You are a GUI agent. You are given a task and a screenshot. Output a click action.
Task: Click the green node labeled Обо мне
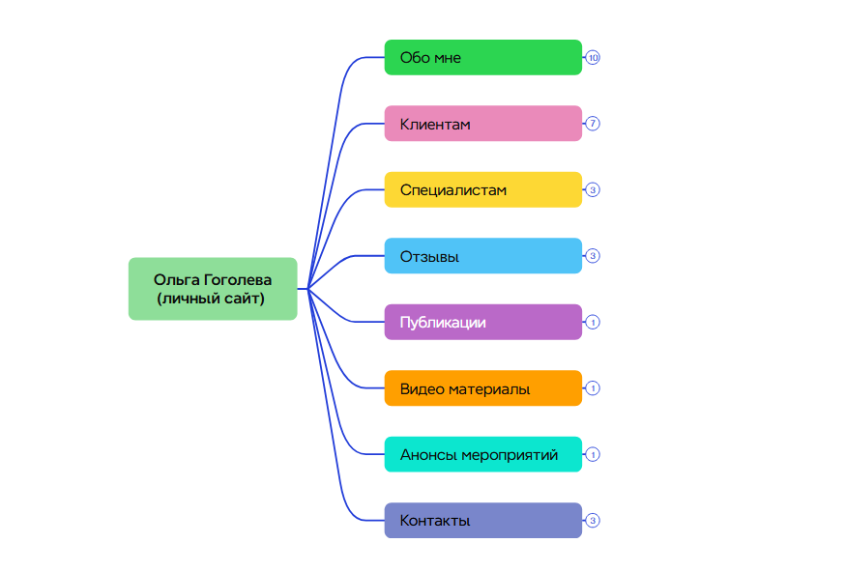coord(482,58)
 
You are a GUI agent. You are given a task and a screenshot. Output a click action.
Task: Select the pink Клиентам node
coord(482,124)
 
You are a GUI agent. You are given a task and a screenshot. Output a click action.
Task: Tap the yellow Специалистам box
coord(482,190)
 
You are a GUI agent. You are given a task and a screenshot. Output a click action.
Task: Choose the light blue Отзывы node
coord(482,256)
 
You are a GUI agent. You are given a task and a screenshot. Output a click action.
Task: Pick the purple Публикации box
coord(482,322)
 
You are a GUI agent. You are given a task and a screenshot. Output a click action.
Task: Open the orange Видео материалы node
coord(482,388)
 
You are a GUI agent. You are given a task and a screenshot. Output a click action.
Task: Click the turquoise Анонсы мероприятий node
coord(482,454)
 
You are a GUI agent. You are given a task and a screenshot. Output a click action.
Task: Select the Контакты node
coord(482,520)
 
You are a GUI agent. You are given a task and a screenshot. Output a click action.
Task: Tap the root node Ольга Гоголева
coord(213,289)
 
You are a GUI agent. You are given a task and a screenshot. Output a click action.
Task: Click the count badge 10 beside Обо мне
coord(594,58)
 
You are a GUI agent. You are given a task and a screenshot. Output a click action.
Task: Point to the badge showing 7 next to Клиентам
coord(594,124)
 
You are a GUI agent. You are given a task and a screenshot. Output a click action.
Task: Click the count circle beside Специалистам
coord(594,190)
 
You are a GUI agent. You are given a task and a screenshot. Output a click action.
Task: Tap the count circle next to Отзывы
coord(594,256)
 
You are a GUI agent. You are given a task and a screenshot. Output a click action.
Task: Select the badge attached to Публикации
coord(594,322)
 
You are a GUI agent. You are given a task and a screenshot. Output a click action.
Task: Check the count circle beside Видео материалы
coord(594,388)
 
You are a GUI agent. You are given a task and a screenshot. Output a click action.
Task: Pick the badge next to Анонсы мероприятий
coord(594,454)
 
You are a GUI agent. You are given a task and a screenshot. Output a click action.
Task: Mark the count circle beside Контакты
coord(594,520)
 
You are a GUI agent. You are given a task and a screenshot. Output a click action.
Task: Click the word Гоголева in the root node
coord(238,280)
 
